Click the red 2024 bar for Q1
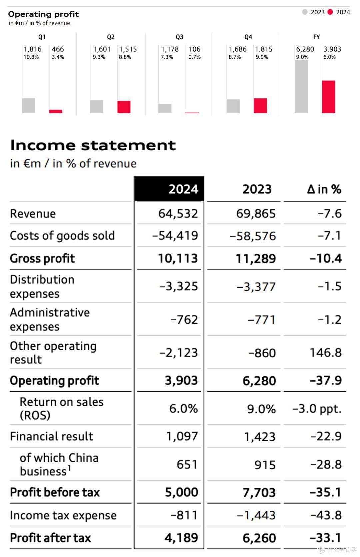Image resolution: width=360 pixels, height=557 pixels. [56, 111]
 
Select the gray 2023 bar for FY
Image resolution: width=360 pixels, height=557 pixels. [301, 87]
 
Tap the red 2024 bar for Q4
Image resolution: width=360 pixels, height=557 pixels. [260, 106]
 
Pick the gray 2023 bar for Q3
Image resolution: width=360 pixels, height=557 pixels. [165, 108]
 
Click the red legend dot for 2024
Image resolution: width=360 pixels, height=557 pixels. [330, 12]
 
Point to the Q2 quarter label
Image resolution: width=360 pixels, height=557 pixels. [111, 37]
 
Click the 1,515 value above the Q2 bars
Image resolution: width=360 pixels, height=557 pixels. [128, 49]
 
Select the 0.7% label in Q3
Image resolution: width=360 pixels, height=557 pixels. [194, 57]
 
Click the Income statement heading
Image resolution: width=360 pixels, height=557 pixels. [93, 145]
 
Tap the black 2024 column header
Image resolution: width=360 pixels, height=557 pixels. [169, 189]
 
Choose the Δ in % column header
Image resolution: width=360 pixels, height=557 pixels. [324, 189]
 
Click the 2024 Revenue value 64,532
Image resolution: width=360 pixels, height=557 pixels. [178, 214]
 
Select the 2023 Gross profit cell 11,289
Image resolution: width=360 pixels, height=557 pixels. [256, 259]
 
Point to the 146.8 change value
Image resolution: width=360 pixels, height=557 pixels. [326, 353]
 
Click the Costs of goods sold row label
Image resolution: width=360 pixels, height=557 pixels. [62, 235]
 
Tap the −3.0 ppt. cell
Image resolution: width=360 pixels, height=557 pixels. [317, 409]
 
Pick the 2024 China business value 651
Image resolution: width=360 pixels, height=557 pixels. [187, 464]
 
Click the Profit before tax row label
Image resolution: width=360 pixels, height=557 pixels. [55, 492]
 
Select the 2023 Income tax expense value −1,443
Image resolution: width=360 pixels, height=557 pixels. [256, 515]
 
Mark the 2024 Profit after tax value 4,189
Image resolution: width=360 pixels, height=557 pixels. [181, 538]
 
